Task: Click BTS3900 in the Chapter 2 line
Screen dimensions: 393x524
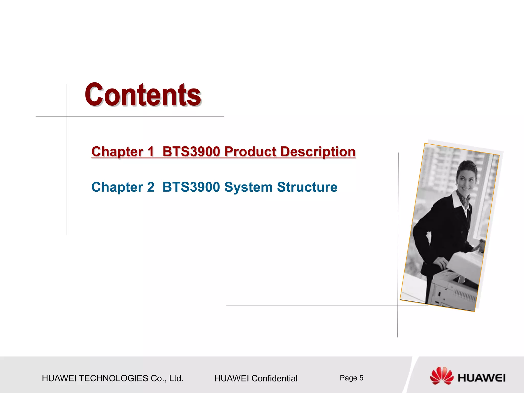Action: tap(191, 187)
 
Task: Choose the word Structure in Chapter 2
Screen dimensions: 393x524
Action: tap(307, 187)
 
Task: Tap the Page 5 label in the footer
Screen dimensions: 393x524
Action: tap(351, 378)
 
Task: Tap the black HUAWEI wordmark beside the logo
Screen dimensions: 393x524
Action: tap(482, 378)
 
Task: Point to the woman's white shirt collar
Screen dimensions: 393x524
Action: tap(458, 200)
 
